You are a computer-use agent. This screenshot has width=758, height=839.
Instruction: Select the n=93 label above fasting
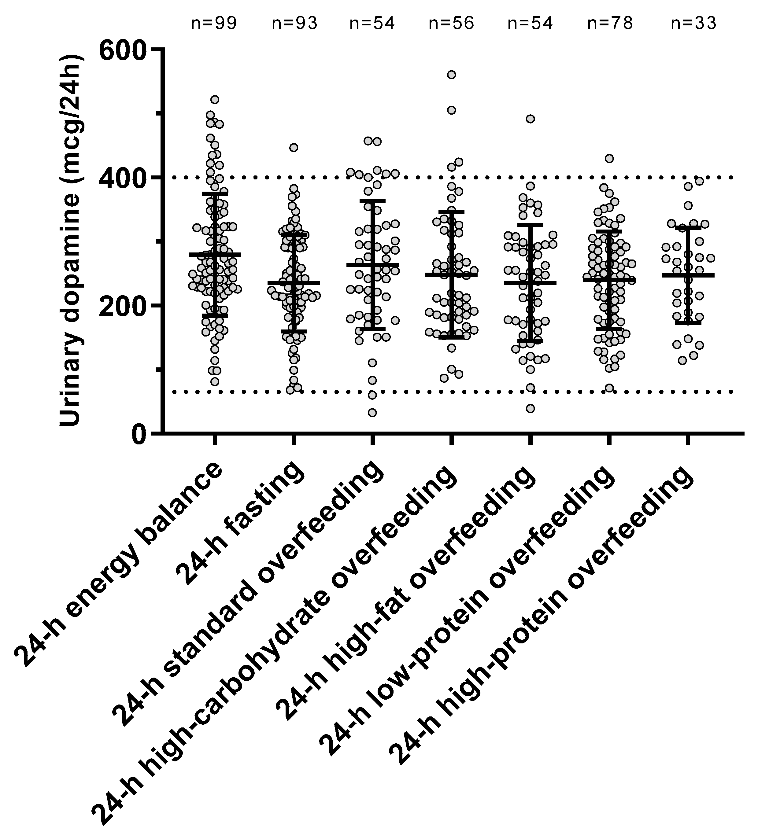coord(294,24)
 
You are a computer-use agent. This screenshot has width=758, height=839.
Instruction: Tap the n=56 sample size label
coord(451,24)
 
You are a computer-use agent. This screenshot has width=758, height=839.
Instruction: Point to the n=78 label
coord(610,24)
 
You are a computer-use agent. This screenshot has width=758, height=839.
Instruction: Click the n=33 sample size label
coord(693,24)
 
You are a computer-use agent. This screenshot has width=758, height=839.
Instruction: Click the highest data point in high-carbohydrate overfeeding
coord(451,75)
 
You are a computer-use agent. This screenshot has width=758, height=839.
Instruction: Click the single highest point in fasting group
coord(294,148)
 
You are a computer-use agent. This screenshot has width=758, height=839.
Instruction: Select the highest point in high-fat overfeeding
coord(530,119)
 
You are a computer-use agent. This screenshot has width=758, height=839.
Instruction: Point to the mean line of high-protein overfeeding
coord(688,275)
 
